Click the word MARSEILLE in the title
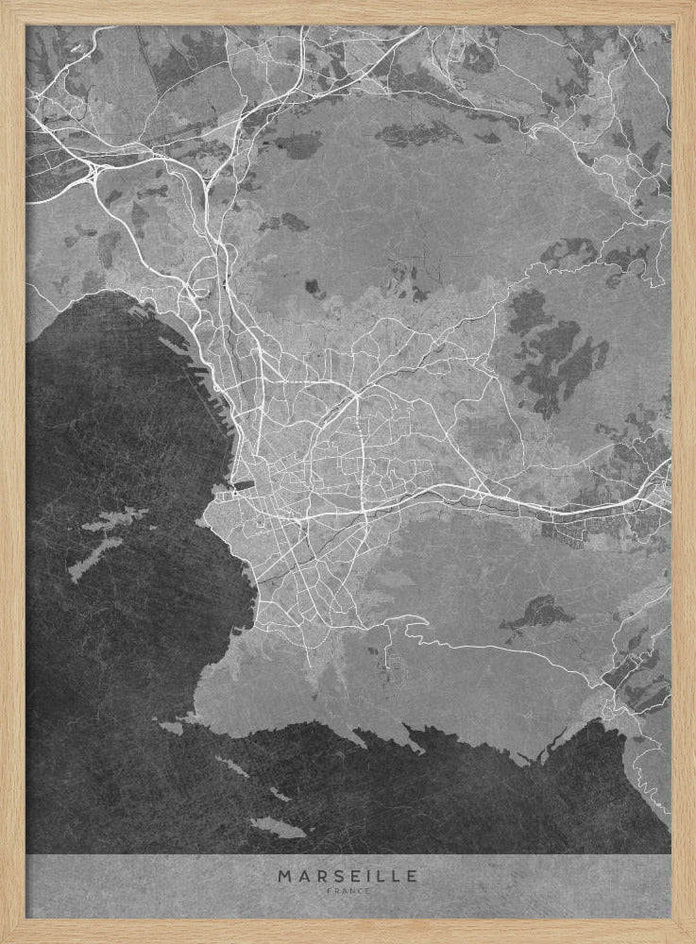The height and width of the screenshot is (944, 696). point(348,876)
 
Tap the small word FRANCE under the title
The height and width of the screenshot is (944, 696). point(348,890)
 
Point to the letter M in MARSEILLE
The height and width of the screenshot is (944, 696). point(284,876)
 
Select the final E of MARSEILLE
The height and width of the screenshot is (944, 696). point(412,876)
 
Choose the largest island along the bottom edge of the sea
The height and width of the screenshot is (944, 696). point(277,827)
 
